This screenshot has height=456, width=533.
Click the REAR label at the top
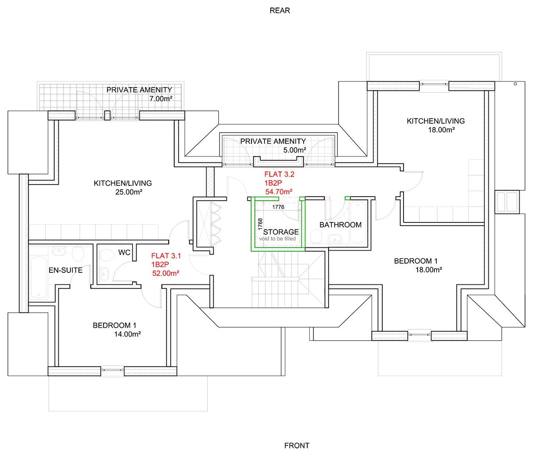point(279,10)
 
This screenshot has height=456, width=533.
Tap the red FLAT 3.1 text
point(166,256)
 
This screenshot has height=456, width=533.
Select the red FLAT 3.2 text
point(279,174)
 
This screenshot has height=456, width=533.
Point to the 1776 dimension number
point(278,207)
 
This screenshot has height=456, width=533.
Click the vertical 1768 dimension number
point(260,224)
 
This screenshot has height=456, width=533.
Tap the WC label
point(124,252)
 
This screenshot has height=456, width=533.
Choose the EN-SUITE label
point(65,270)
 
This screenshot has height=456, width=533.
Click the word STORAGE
point(281,232)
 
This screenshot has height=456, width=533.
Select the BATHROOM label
point(340,224)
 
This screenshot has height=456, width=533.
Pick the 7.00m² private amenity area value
point(161,99)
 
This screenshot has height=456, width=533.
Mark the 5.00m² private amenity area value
point(294,150)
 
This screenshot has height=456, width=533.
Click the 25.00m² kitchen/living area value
point(129,192)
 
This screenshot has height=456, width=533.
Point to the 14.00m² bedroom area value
point(127,334)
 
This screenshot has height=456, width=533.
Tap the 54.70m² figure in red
point(279,192)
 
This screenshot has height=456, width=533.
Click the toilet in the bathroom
point(316,236)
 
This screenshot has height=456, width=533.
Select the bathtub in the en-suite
point(39,277)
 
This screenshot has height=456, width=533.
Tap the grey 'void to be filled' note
point(277,239)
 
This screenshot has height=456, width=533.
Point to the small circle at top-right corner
point(515,84)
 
